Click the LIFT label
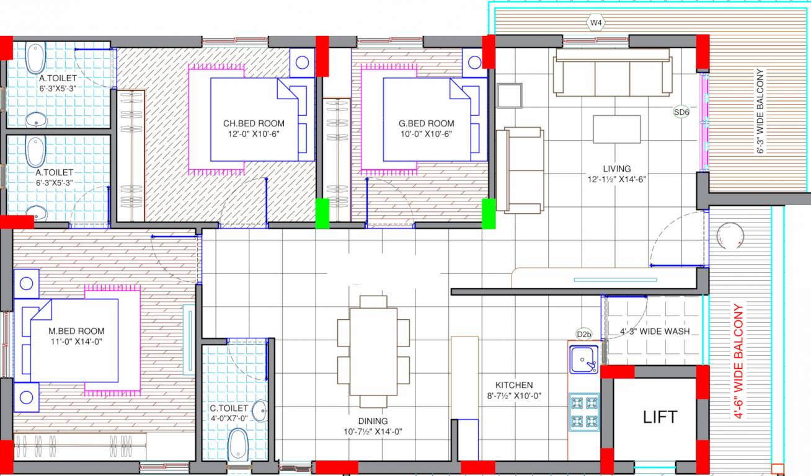pos(660,416)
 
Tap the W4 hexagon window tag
pos(595,23)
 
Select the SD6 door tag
pos(681,112)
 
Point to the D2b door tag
pos(584,335)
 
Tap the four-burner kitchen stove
pos(584,412)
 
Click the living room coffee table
pos(616,130)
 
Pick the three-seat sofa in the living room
pos(613,73)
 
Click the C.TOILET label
pos(229,408)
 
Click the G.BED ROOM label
pos(426,123)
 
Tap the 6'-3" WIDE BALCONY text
pos(760,112)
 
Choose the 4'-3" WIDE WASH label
pos(655,332)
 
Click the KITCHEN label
pos(513,385)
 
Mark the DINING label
pos(373,421)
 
